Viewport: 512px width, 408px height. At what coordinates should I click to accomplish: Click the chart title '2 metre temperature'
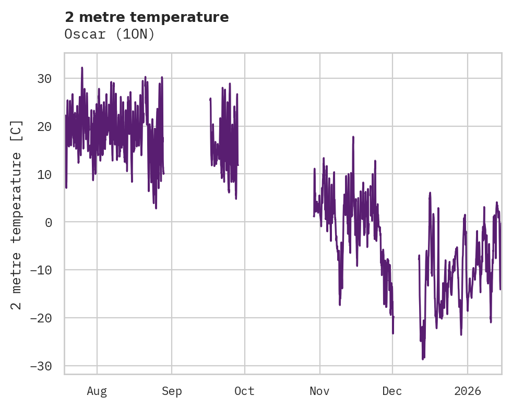[147, 17]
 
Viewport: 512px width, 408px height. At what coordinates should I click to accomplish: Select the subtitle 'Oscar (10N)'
[110, 34]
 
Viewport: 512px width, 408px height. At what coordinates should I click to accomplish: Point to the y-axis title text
[17, 214]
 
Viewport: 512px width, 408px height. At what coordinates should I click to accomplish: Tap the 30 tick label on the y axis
[44, 79]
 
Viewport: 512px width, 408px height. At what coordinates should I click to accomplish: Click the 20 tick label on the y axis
[44, 127]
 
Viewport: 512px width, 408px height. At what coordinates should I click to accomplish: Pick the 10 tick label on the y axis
[44, 174]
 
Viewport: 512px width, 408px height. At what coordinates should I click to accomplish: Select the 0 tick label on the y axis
[48, 222]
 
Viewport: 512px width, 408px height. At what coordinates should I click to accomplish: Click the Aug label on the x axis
[97, 391]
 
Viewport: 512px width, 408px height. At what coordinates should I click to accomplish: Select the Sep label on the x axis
[172, 391]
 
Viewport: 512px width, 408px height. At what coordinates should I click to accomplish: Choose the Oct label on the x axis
[244, 391]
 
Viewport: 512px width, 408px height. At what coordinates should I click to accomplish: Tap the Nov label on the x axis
[319, 391]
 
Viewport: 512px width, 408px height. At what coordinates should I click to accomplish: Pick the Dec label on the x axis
[392, 391]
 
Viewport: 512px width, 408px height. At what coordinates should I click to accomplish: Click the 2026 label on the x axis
[468, 391]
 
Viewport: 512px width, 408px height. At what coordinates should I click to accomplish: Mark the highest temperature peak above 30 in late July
[82, 68]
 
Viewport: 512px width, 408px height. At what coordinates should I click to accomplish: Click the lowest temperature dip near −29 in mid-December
[423, 359]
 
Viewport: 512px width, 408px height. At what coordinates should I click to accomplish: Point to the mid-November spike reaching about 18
[353, 137]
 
